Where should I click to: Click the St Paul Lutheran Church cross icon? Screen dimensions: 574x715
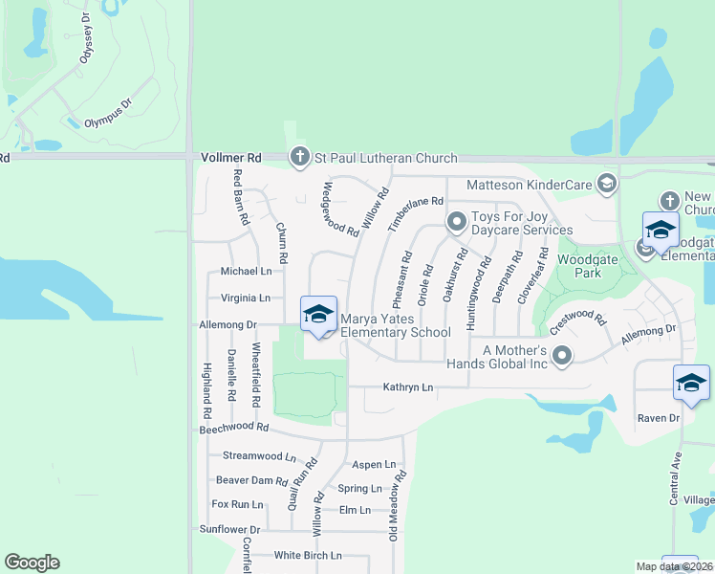[x=299, y=158]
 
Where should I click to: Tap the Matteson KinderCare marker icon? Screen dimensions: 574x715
[x=605, y=184]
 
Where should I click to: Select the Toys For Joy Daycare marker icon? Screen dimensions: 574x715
[x=457, y=223]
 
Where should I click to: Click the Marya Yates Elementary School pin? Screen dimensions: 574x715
[x=318, y=315]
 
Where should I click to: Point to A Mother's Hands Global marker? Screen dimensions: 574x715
[x=562, y=357]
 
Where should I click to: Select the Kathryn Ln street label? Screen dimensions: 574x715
[x=408, y=387]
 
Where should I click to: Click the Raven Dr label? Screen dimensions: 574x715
[x=659, y=418]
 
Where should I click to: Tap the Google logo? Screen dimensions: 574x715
[x=32, y=562]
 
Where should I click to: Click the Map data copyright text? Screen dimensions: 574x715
[x=674, y=566]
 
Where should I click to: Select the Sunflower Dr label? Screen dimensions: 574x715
[x=229, y=529]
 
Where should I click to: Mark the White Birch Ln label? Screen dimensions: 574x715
[x=307, y=555]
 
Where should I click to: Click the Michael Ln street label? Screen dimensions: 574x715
[x=246, y=272]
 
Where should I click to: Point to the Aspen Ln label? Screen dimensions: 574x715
[x=374, y=464]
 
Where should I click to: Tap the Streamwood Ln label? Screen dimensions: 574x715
[x=259, y=456]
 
